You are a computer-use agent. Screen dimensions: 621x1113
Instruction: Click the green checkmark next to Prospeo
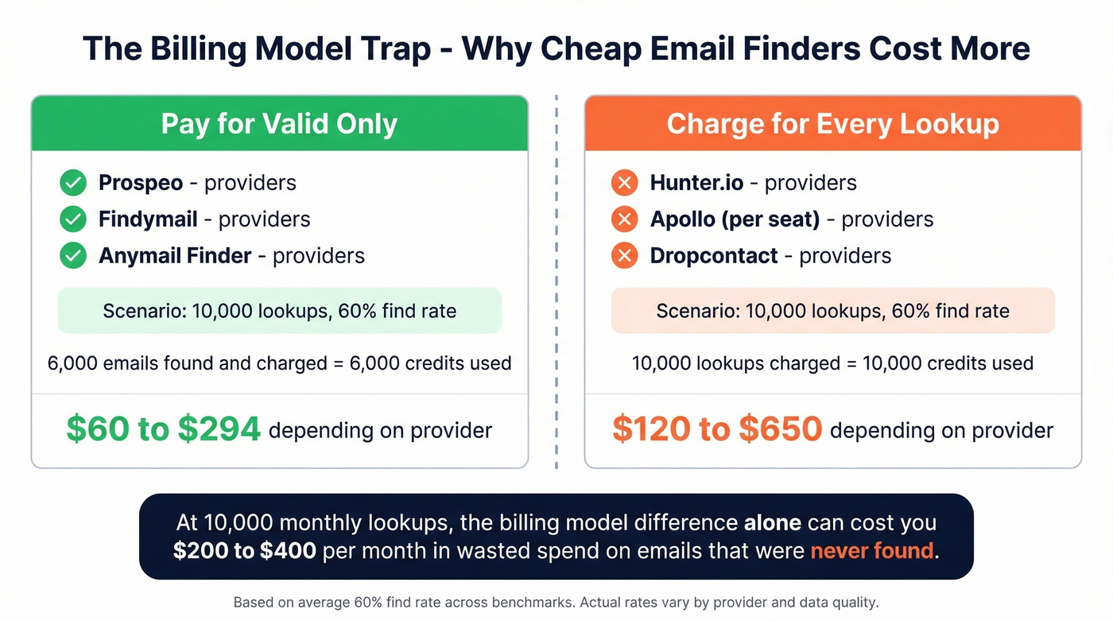[x=73, y=183]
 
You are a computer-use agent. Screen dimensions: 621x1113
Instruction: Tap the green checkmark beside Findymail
[x=73, y=219]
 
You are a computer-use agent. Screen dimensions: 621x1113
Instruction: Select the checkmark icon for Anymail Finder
[x=73, y=255]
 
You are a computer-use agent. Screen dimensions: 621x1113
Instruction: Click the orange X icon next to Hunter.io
[x=624, y=183]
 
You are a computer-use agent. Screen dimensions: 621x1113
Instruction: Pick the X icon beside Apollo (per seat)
[x=624, y=219]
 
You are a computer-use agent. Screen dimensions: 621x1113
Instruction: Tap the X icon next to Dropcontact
[x=624, y=255]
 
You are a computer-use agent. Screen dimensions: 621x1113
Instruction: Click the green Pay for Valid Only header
[x=279, y=124]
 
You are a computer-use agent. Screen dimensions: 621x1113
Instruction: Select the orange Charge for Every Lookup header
[x=832, y=124]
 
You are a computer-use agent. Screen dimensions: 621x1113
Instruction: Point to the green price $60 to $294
[x=164, y=429]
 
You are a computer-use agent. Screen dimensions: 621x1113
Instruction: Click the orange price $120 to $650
[x=716, y=429]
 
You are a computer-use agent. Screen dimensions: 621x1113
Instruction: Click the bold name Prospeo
[x=141, y=183]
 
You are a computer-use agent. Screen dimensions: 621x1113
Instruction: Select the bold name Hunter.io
[x=696, y=183]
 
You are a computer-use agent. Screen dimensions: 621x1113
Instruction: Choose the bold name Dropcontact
[x=713, y=255]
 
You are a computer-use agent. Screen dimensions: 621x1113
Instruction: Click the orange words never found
[x=872, y=550]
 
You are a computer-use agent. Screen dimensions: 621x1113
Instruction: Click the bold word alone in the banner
[x=772, y=524]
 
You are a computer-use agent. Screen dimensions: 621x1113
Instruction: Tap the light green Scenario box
[x=279, y=310]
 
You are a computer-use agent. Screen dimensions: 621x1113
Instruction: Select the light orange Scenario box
[x=832, y=310]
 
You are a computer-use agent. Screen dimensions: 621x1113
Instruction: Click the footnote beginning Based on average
[x=556, y=602]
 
